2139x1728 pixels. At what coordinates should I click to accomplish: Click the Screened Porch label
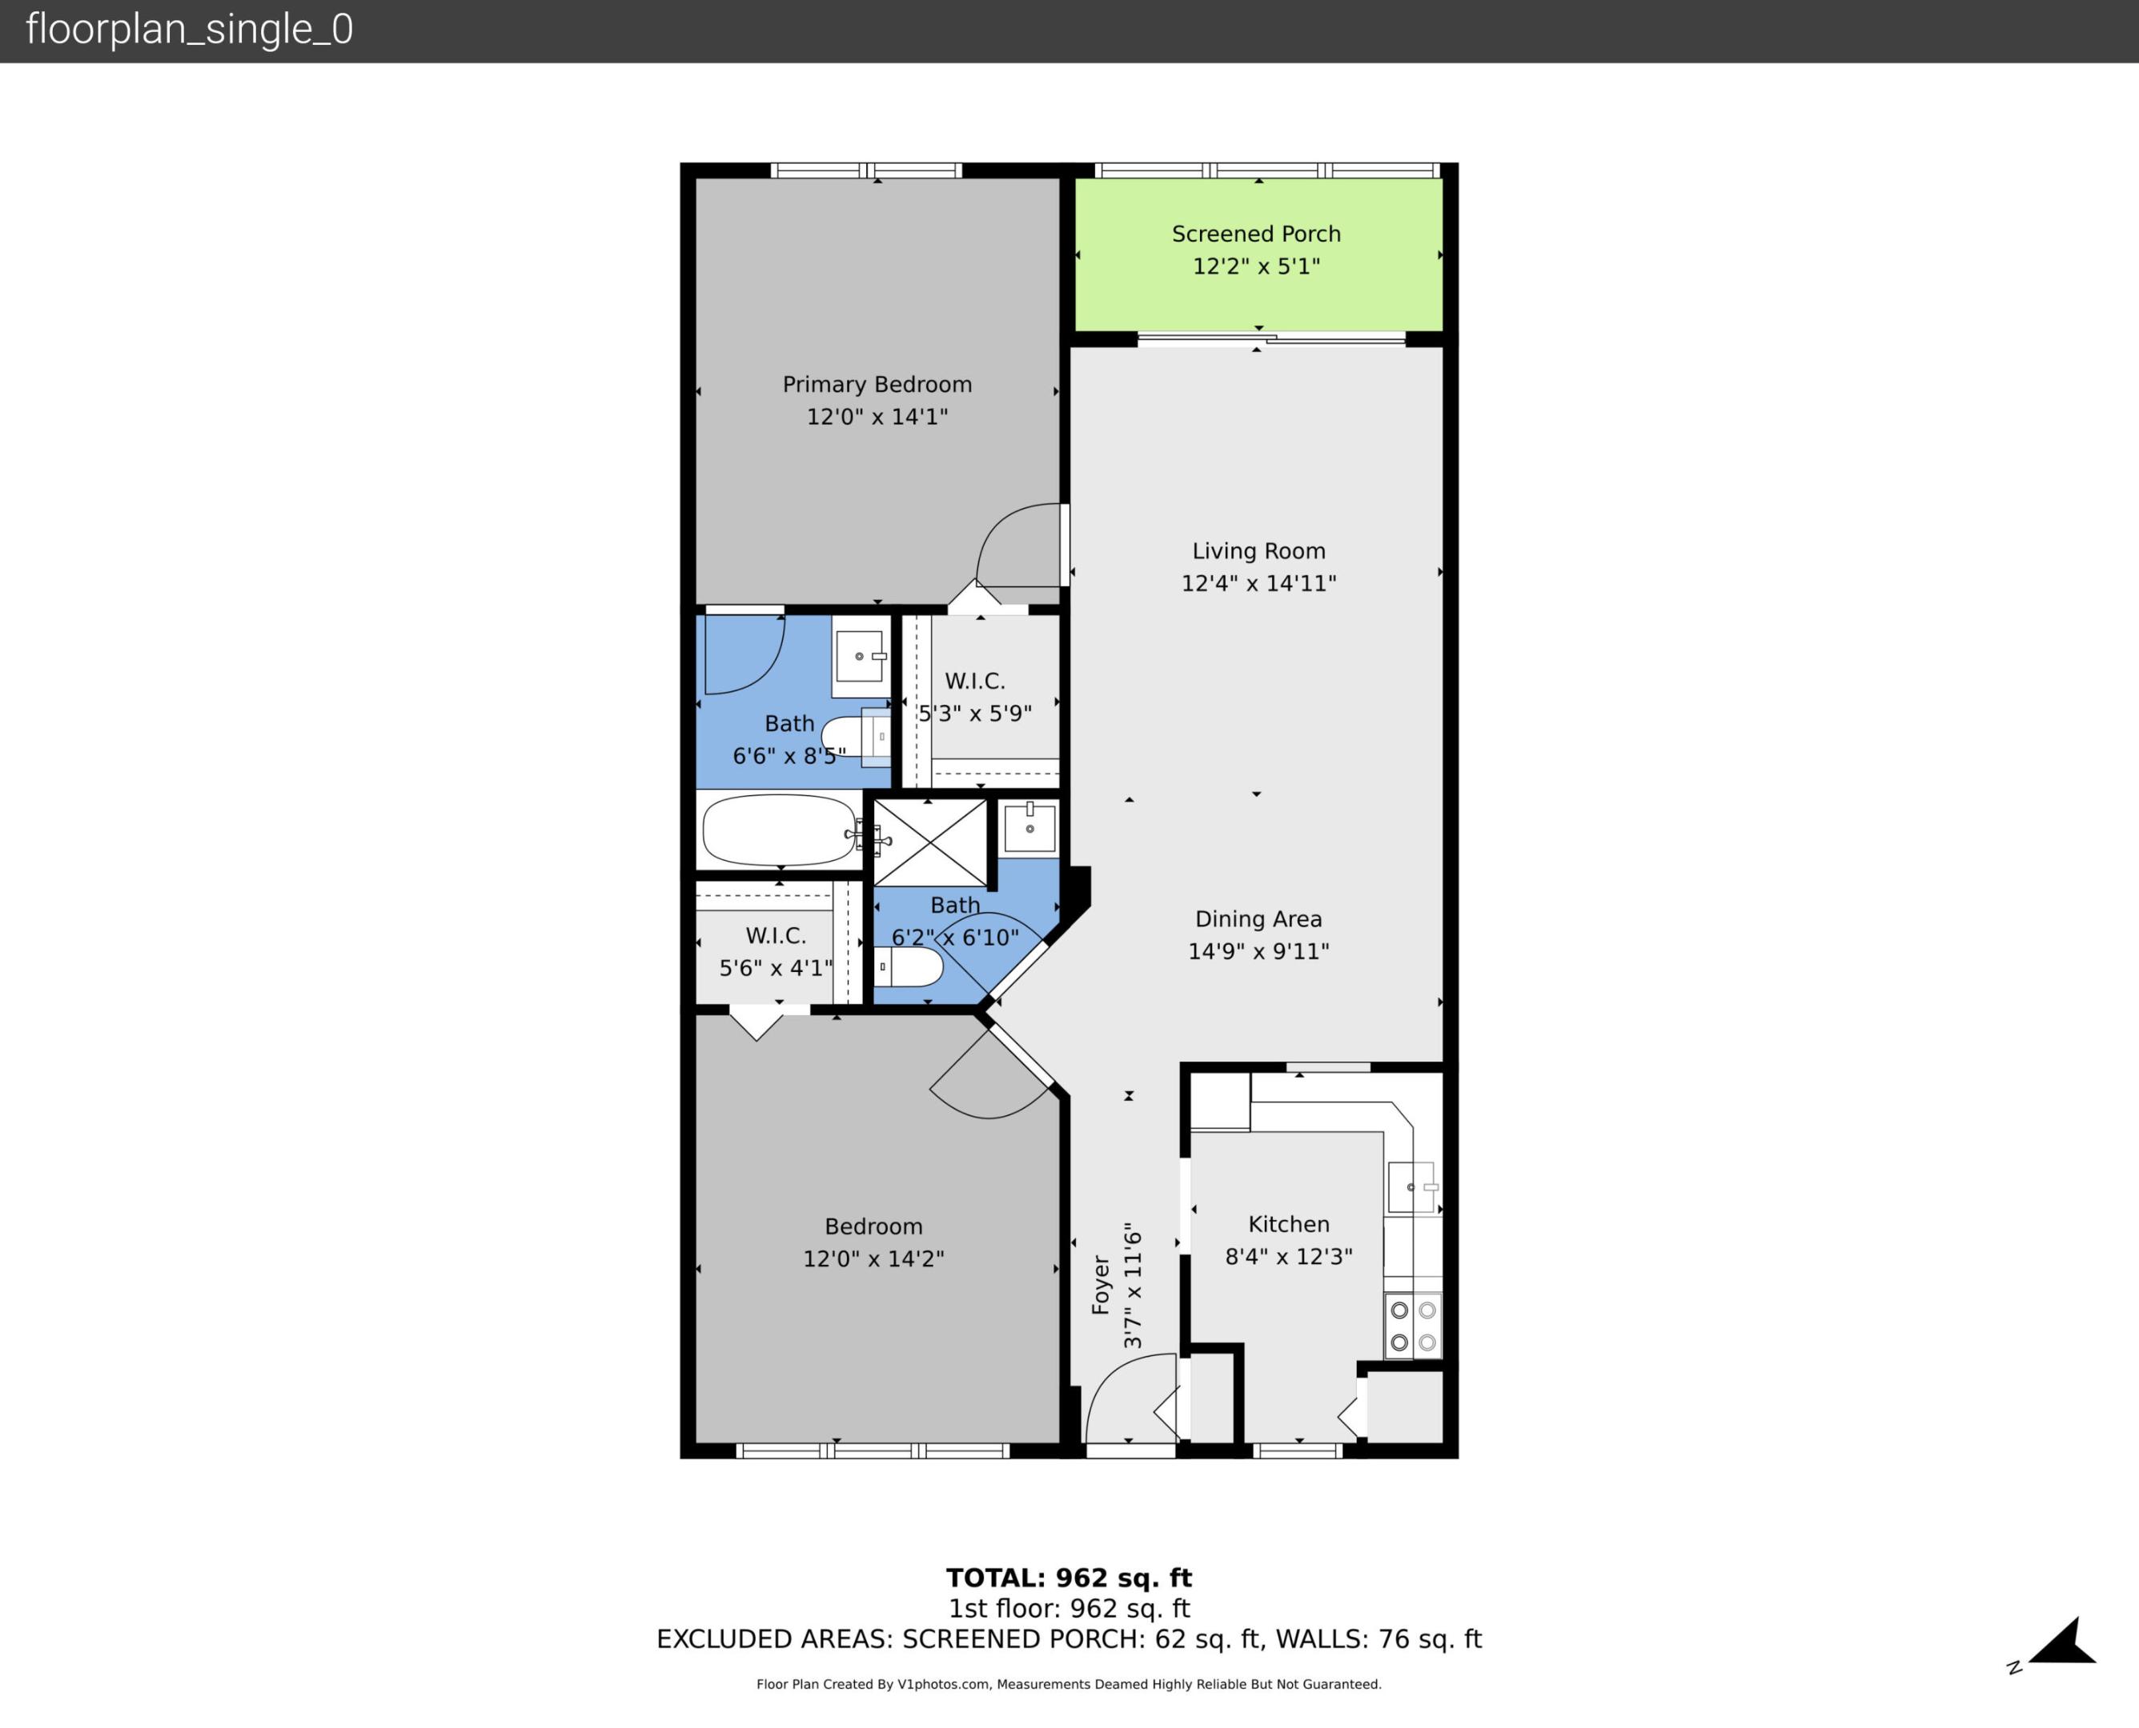[x=1256, y=234]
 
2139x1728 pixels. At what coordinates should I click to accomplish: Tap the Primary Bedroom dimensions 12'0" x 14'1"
[x=877, y=417]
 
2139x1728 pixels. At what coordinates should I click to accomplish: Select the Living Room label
[x=1258, y=551]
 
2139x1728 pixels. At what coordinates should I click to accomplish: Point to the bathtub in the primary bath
[x=779, y=831]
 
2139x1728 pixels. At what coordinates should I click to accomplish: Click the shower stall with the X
[x=929, y=842]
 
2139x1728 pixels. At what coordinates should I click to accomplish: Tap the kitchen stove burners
[x=1413, y=1326]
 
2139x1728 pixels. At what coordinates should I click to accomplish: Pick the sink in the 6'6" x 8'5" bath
[x=860, y=656]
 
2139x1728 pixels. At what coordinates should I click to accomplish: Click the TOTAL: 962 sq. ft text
[x=1068, y=1578]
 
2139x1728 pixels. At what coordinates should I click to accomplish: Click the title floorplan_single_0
[x=189, y=30]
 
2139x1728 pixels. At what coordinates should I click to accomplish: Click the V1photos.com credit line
[x=1068, y=1684]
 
